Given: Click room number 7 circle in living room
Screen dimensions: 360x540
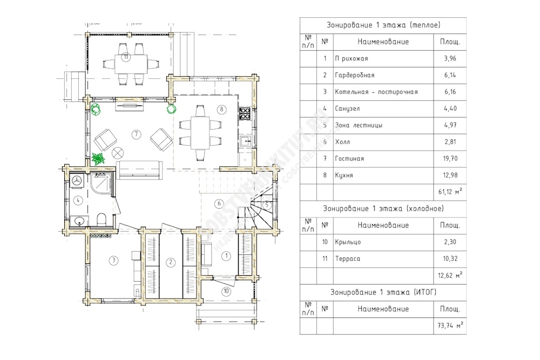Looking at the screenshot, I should coord(137,134).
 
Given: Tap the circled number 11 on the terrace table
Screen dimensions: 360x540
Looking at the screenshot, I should coord(125,57).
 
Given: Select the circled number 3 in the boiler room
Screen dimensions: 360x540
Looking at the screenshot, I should coord(113,261).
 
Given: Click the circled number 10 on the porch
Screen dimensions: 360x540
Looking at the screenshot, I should coord(226,291).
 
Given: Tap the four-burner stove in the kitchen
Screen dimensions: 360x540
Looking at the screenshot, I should coord(245,113).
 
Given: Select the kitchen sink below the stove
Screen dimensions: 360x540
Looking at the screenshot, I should coord(245,141).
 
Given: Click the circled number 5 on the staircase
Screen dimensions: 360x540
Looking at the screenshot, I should coord(267,205).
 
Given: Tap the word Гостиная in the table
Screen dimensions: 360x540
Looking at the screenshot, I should coord(349,159).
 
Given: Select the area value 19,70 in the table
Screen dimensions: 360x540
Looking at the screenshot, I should coord(450,159).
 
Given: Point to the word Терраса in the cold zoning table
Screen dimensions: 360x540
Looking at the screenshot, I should coord(347,259).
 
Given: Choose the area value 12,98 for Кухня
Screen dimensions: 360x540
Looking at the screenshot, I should coord(450,175).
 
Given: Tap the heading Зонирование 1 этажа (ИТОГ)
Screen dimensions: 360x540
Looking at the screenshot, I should coord(383,292).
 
